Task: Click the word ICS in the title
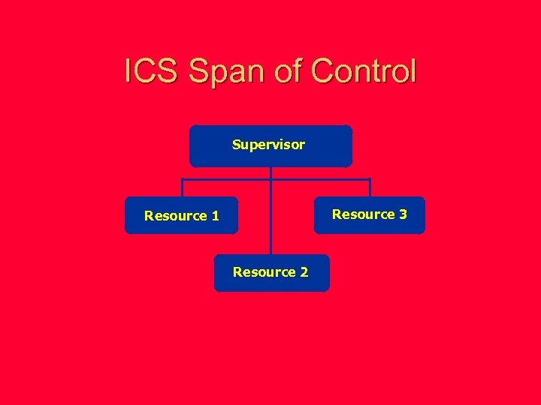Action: click(152, 71)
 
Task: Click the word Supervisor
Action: click(268, 144)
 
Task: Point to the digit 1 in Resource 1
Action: click(216, 216)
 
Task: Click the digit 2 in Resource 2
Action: click(304, 272)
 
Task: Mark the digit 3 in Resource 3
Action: click(403, 214)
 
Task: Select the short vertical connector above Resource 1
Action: click(182, 188)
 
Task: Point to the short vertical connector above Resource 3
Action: click(370, 188)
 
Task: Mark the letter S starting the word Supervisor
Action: click(237, 144)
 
